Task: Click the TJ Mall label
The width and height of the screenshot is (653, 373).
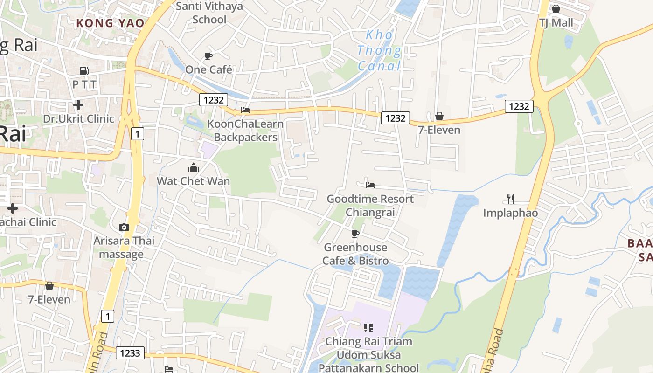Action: pyautogui.click(x=556, y=23)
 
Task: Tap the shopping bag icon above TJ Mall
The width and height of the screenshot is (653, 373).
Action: pyautogui.click(x=556, y=9)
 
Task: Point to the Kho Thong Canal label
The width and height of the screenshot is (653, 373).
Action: pyautogui.click(x=380, y=50)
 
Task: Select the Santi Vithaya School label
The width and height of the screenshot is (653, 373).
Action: pyautogui.click(x=209, y=13)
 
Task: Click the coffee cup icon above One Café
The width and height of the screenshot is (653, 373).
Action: pyautogui.click(x=208, y=56)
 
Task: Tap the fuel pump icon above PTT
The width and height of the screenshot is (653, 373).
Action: pyautogui.click(x=84, y=71)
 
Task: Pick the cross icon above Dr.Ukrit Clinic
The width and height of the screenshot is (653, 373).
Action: pyautogui.click(x=78, y=105)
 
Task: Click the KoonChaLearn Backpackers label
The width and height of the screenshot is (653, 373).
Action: pyautogui.click(x=245, y=131)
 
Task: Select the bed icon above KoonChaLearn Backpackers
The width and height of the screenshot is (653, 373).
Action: pyautogui.click(x=245, y=110)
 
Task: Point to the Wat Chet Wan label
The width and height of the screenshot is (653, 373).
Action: pyautogui.click(x=194, y=181)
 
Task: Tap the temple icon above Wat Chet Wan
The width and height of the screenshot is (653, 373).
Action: pyautogui.click(x=194, y=167)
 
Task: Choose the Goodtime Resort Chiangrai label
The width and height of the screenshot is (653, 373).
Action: pyautogui.click(x=370, y=206)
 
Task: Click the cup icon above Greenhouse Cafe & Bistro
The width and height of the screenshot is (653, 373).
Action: pyautogui.click(x=355, y=234)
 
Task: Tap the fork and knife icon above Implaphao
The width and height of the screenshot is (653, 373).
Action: pyautogui.click(x=511, y=199)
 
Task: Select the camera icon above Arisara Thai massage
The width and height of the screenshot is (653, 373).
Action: pyautogui.click(x=124, y=227)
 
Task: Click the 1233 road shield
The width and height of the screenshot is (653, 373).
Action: pyautogui.click(x=130, y=353)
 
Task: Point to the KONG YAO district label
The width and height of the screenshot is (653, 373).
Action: pyautogui.click(x=110, y=23)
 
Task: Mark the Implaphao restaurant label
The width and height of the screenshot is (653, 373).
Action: pyautogui.click(x=511, y=213)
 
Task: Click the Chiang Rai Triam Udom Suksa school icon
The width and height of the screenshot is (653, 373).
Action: pyautogui.click(x=368, y=328)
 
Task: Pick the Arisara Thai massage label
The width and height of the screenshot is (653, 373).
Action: pyautogui.click(x=124, y=248)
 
